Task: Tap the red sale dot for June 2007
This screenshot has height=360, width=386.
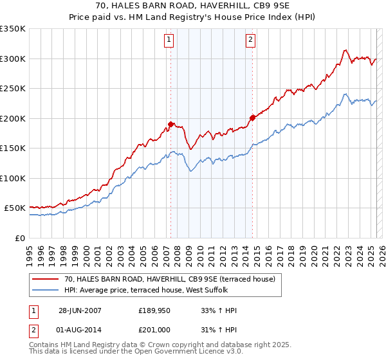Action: click(171, 124)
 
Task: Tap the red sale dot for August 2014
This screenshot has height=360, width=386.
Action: click(252, 118)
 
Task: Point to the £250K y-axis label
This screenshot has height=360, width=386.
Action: click(12, 88)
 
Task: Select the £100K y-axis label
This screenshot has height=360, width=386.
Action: click(12, 178)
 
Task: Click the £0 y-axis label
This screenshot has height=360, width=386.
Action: click(19, 238)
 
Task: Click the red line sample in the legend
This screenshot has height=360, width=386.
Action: click(46, 279)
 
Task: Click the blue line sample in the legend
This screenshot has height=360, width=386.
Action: click(46, 290)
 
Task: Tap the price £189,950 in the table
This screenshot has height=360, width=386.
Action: click(153, 310)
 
